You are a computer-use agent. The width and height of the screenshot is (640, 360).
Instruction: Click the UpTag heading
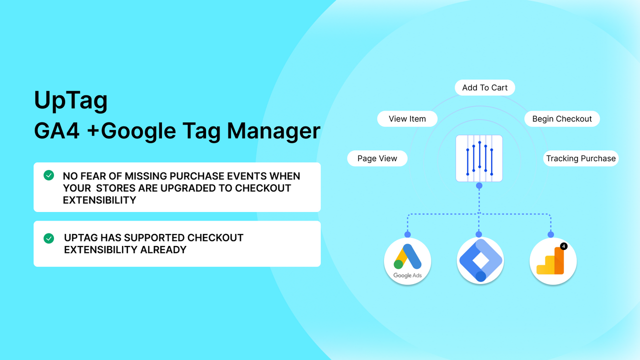click(70, 101)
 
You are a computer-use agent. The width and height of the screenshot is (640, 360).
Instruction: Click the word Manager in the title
click(273, 131)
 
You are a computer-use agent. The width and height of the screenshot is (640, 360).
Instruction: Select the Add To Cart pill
click(484, 87)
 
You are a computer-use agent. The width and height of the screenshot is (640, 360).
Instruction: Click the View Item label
click(407, 119)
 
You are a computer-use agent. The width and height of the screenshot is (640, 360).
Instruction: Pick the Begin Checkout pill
click(561, 119)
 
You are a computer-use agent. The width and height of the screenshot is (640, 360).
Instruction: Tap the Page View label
click(377, 158)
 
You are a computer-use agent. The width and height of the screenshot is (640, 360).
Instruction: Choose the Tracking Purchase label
click(580, 158)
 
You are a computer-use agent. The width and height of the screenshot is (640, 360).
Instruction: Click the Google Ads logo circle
click(407, 261)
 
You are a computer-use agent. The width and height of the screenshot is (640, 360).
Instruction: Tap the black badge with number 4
click(563, 246)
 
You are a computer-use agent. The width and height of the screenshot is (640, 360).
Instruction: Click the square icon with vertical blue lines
click(479, 158)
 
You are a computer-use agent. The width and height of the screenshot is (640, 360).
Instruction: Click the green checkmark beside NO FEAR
click(48, 175)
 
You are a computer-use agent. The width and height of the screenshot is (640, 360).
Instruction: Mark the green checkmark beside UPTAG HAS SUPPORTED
click(48, 238)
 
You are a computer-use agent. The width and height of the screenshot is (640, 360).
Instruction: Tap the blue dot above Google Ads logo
click(407, 234)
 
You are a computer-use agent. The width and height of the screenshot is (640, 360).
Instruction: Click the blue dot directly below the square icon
click(479, 185)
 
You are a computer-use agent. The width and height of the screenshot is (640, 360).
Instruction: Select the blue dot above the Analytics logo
click(550, 234)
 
